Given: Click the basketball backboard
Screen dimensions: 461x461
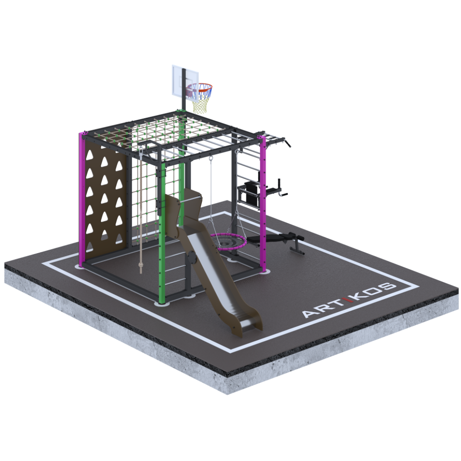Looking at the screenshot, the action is click(x=178, y=81).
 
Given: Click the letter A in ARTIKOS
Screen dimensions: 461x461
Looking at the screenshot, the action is click(x=311, y=313).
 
